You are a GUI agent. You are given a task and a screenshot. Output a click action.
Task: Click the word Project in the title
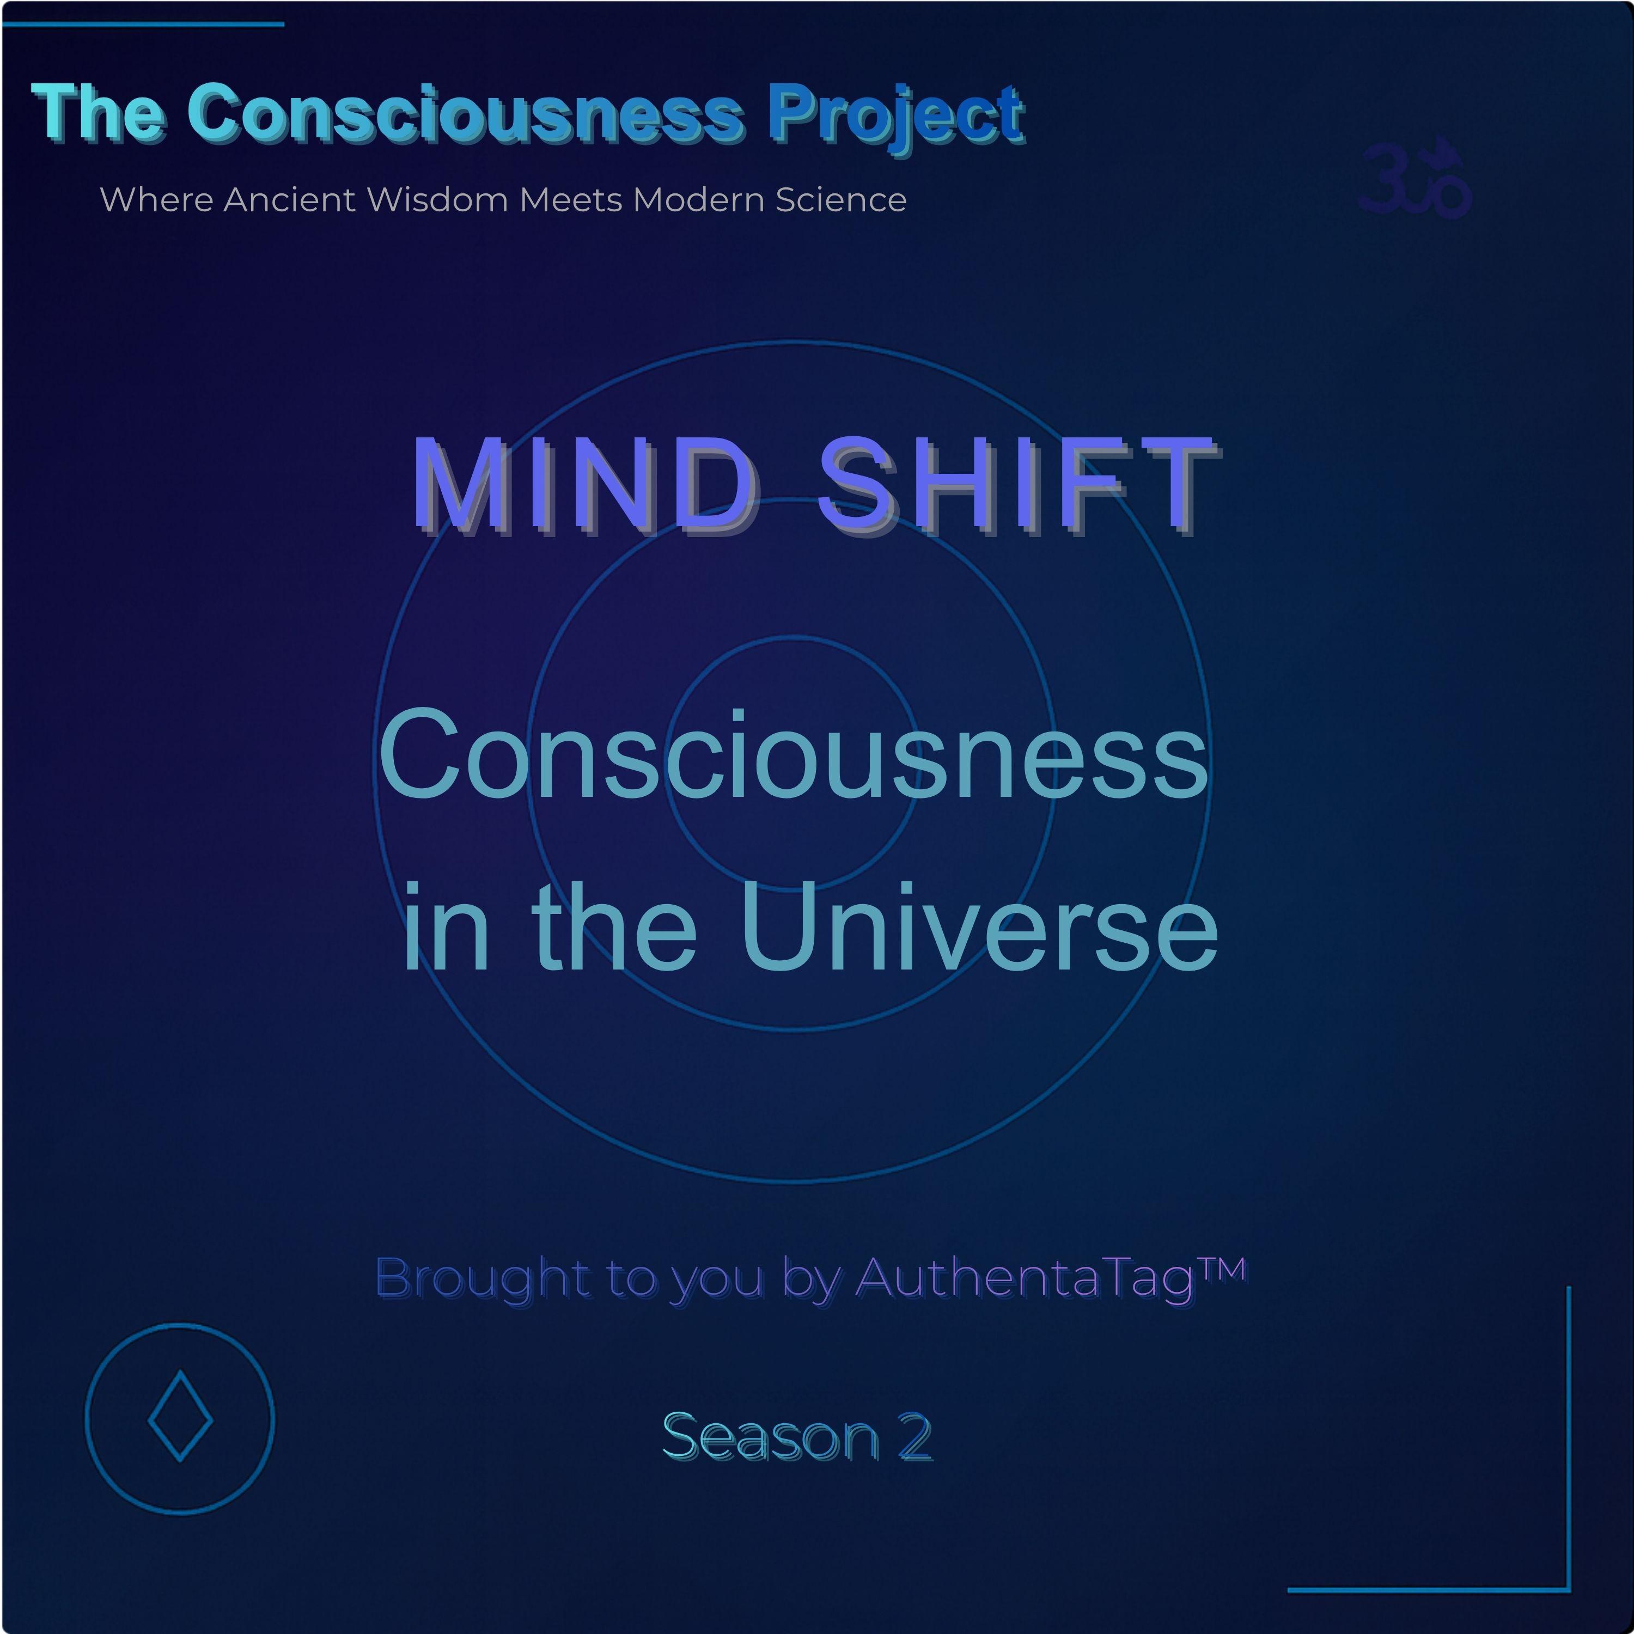click(x=897, y=116)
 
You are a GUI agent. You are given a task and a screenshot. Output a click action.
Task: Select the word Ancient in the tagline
click(x=289, y=200)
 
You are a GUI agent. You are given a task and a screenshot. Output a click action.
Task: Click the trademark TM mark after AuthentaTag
click(x=1223, y=1269)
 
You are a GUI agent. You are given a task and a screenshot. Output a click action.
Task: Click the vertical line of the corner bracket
click(x=1569, y=1438)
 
